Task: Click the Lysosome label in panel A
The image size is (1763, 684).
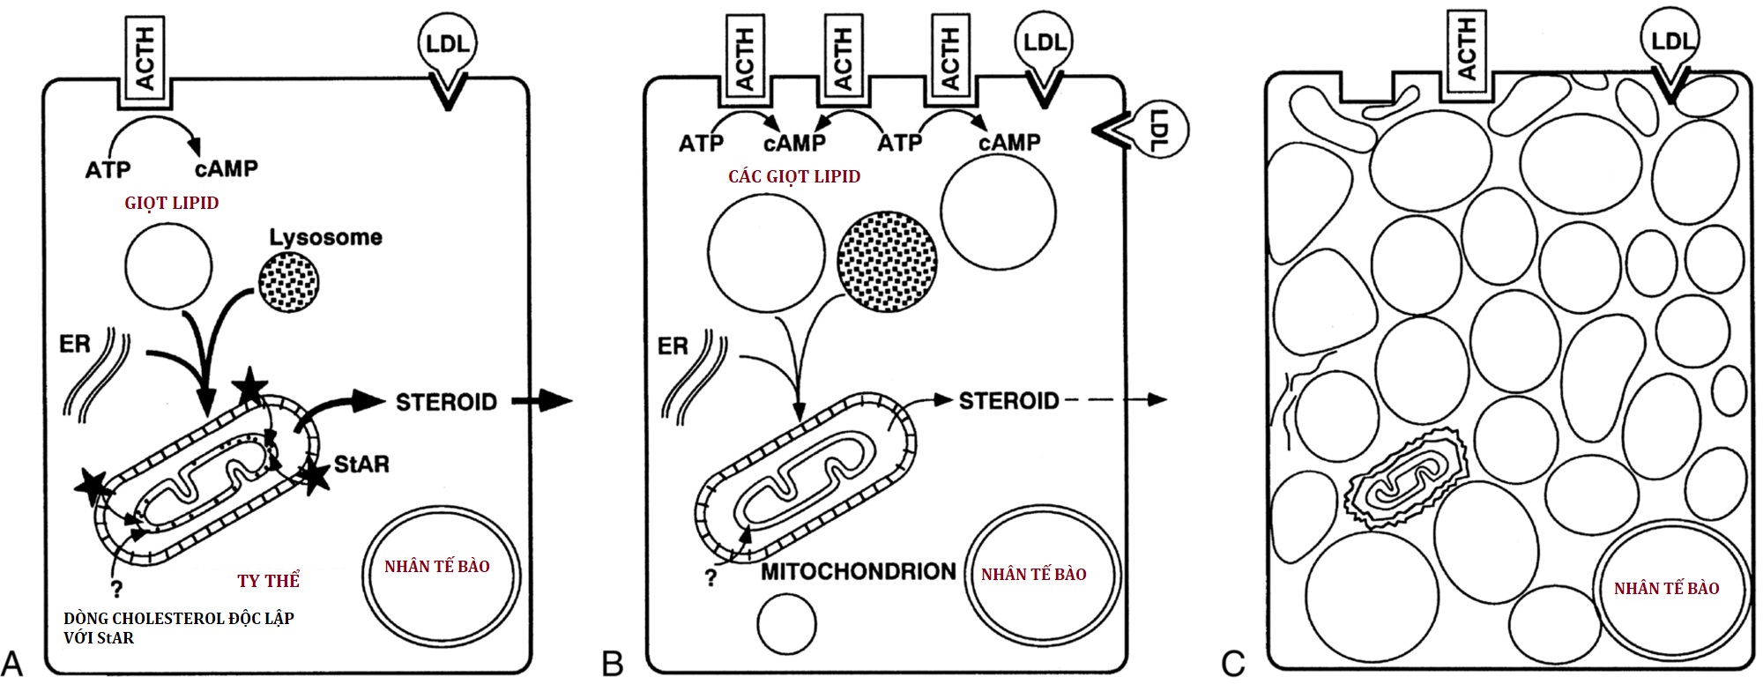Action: pyautogui.click(x=325, y=237)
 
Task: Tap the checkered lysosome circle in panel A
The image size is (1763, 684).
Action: pyautogui.click(x=288, y=283)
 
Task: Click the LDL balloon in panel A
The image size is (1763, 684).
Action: pyautogui.click(x=447, y=44)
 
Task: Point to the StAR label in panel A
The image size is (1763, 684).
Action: pyautogui.click(x=361, y=465)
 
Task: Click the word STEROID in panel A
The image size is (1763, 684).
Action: pyautogui.click(x=446, y=403)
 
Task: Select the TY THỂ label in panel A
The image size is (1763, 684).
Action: pyautogui.click(x=269, y=581)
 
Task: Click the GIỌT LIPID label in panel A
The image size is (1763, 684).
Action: pyautogui.click(x=172, y=204)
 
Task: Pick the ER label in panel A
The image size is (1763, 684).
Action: pyautogui.click(x=75, y=344)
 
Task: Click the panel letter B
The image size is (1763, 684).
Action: pyautogui.click(x=612, y=664)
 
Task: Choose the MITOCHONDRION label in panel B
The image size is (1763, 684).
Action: pyautogui.click(x=858, y=572)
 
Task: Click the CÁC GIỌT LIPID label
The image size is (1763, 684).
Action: pyautogui.click(x=794, y=177)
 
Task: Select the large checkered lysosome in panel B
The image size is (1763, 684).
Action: pyautogui.click(x=887, y=261)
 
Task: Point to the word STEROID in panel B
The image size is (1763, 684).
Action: pyautogui.click(x=1008, y=402)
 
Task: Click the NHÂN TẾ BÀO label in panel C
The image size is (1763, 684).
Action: pyautogui.click(x=1666, y=589)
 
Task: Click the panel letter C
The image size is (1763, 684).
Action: pyautogui.click(x=1232, y=664)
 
